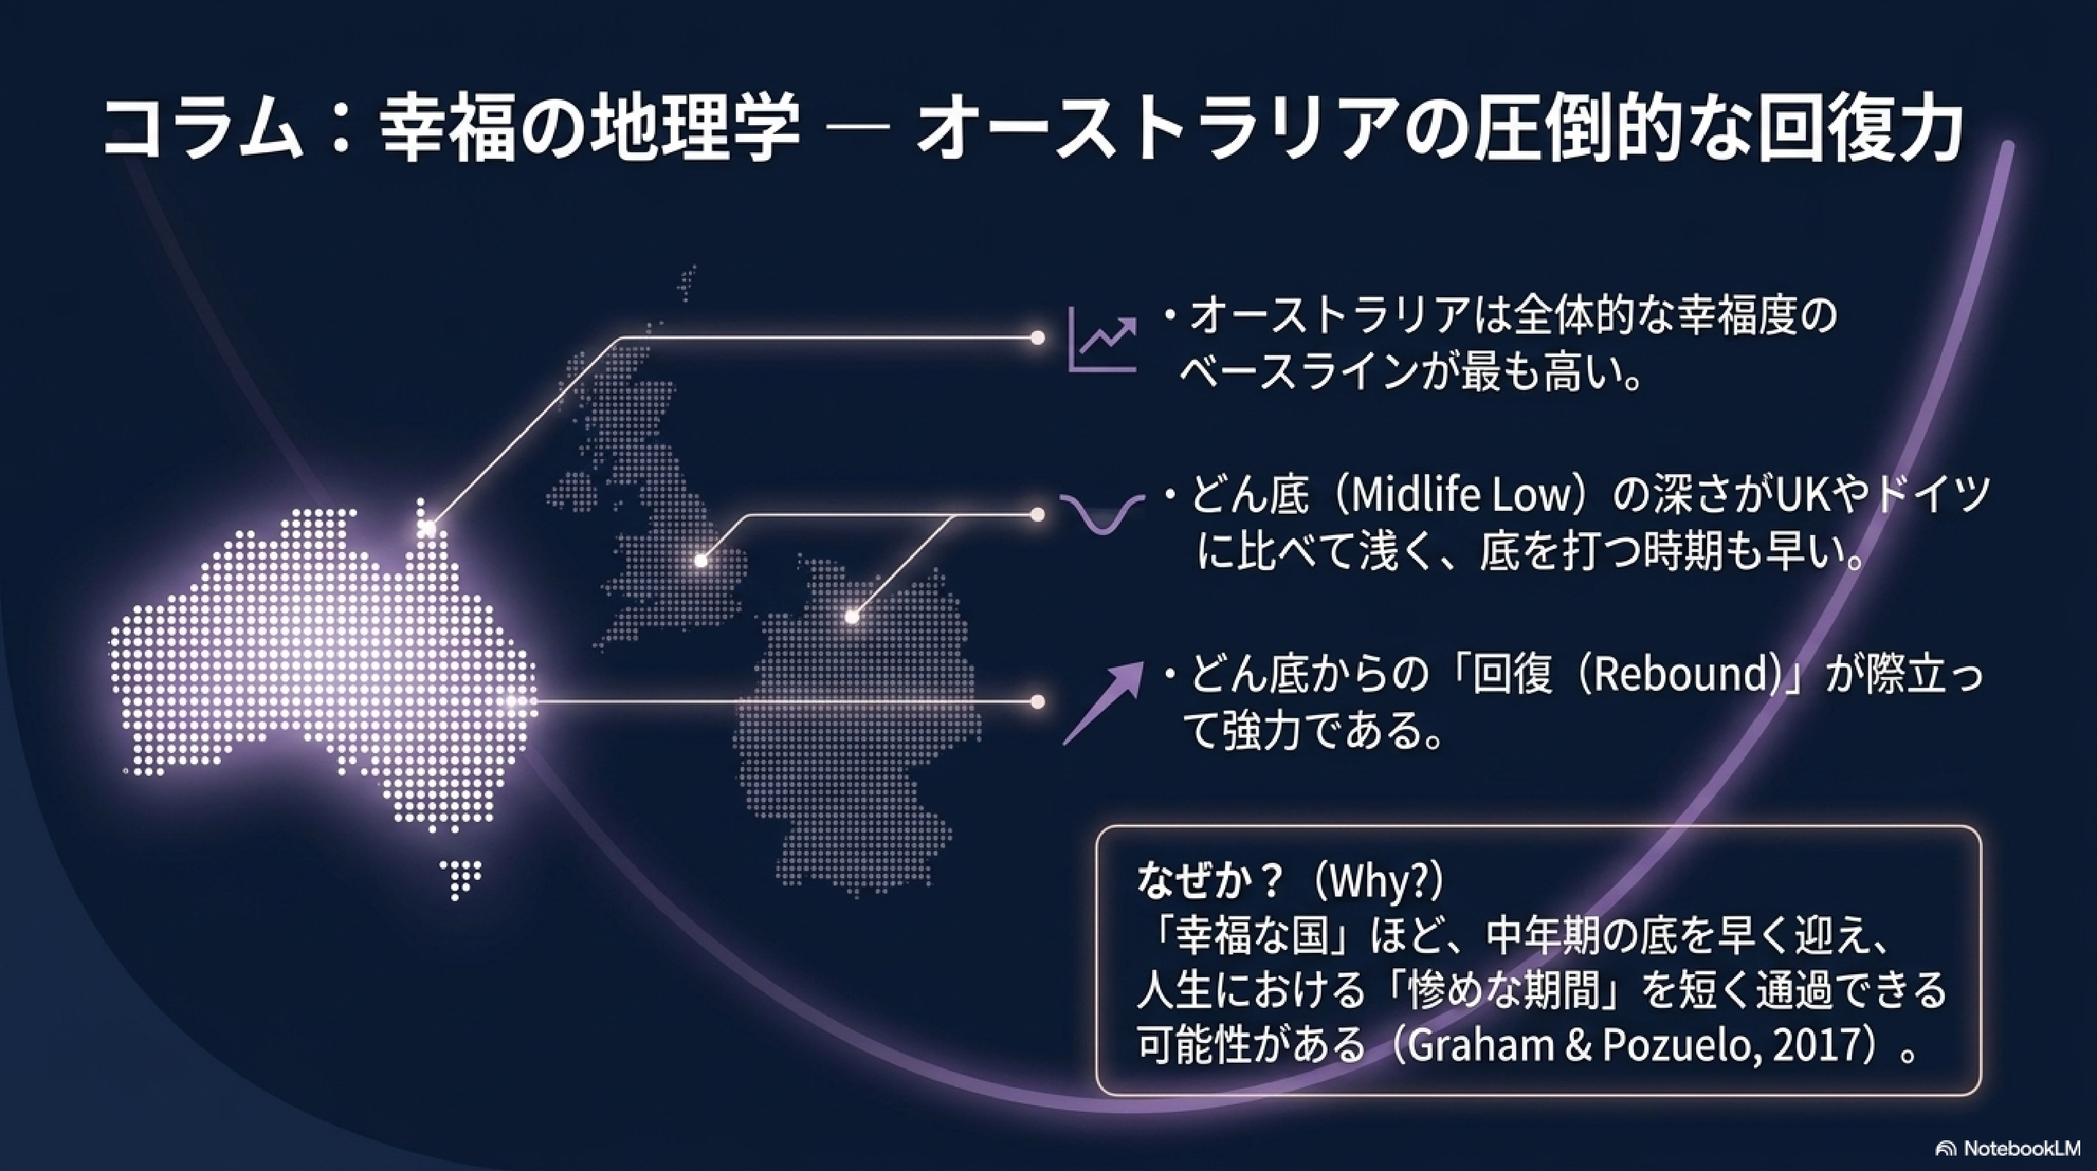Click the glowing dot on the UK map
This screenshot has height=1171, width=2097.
[x=700, y=561]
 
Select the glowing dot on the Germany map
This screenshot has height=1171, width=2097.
[x=851, y=616]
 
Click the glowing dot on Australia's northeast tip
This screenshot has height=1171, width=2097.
[x=427, y=528]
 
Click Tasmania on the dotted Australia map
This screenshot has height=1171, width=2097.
[x=459, y=880]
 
